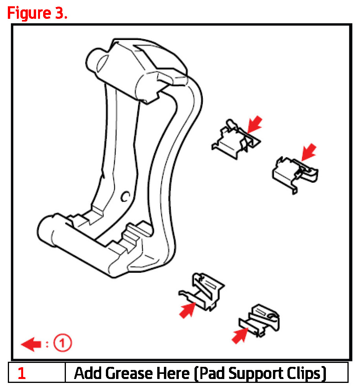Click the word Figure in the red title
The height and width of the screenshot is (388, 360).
click(x=29, y=14)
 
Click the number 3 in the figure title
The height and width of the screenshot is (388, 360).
click(x=59, y=13)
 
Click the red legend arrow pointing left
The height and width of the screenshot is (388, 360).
click(x=31, y=344)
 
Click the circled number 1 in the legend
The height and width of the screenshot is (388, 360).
click(x=62, y=343)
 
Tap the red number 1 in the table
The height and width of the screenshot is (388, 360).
click(x=22, y=373)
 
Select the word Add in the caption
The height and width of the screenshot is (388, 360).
click(x=89, y=373)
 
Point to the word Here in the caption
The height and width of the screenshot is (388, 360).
click(x=174, y=373)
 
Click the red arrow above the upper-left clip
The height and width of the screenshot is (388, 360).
click(x=255, y=125)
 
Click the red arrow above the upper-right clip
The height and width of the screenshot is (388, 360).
click(x=309, y=152)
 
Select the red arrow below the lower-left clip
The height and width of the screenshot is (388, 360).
click(x=187, y=310)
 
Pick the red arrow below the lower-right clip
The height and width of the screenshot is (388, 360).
click(x=240, y=335)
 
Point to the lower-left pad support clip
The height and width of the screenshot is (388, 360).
click(x=202, y=292)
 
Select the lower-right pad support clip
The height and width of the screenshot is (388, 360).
click(x=260, y=321)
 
